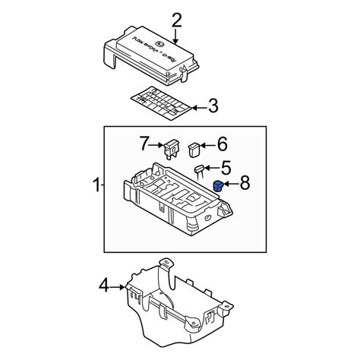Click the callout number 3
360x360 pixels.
[213, 106]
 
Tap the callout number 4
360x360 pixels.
[103, 286]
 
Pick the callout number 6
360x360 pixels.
[223, 143]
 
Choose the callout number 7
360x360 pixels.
[142, 143]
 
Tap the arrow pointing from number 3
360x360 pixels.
[196, 106]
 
